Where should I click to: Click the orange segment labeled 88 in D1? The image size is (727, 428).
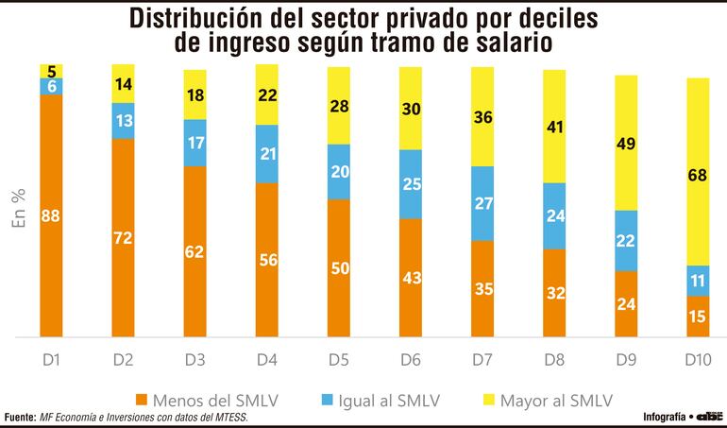coord(51,216)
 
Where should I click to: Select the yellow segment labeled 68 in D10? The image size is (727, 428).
coord(698,171)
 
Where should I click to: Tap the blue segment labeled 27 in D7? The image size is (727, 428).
coord(482,203)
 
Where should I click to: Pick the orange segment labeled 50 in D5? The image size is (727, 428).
coord(339,268)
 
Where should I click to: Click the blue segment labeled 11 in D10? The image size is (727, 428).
coord(698,281)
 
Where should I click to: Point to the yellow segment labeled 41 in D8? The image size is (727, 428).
coord(554,126)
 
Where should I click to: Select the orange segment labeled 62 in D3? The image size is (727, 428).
coord(194,251)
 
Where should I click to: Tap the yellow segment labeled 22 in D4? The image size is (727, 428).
coord(267,94)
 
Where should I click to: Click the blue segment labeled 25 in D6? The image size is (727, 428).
coord(411,184)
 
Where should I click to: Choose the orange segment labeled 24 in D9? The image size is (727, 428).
coord(626,304)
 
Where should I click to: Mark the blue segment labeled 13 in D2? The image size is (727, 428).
coord(123,121)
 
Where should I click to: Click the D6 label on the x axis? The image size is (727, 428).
coord(411,360)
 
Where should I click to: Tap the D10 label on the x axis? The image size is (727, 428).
coord(698,360)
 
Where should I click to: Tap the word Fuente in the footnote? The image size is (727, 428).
coord(19,418)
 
